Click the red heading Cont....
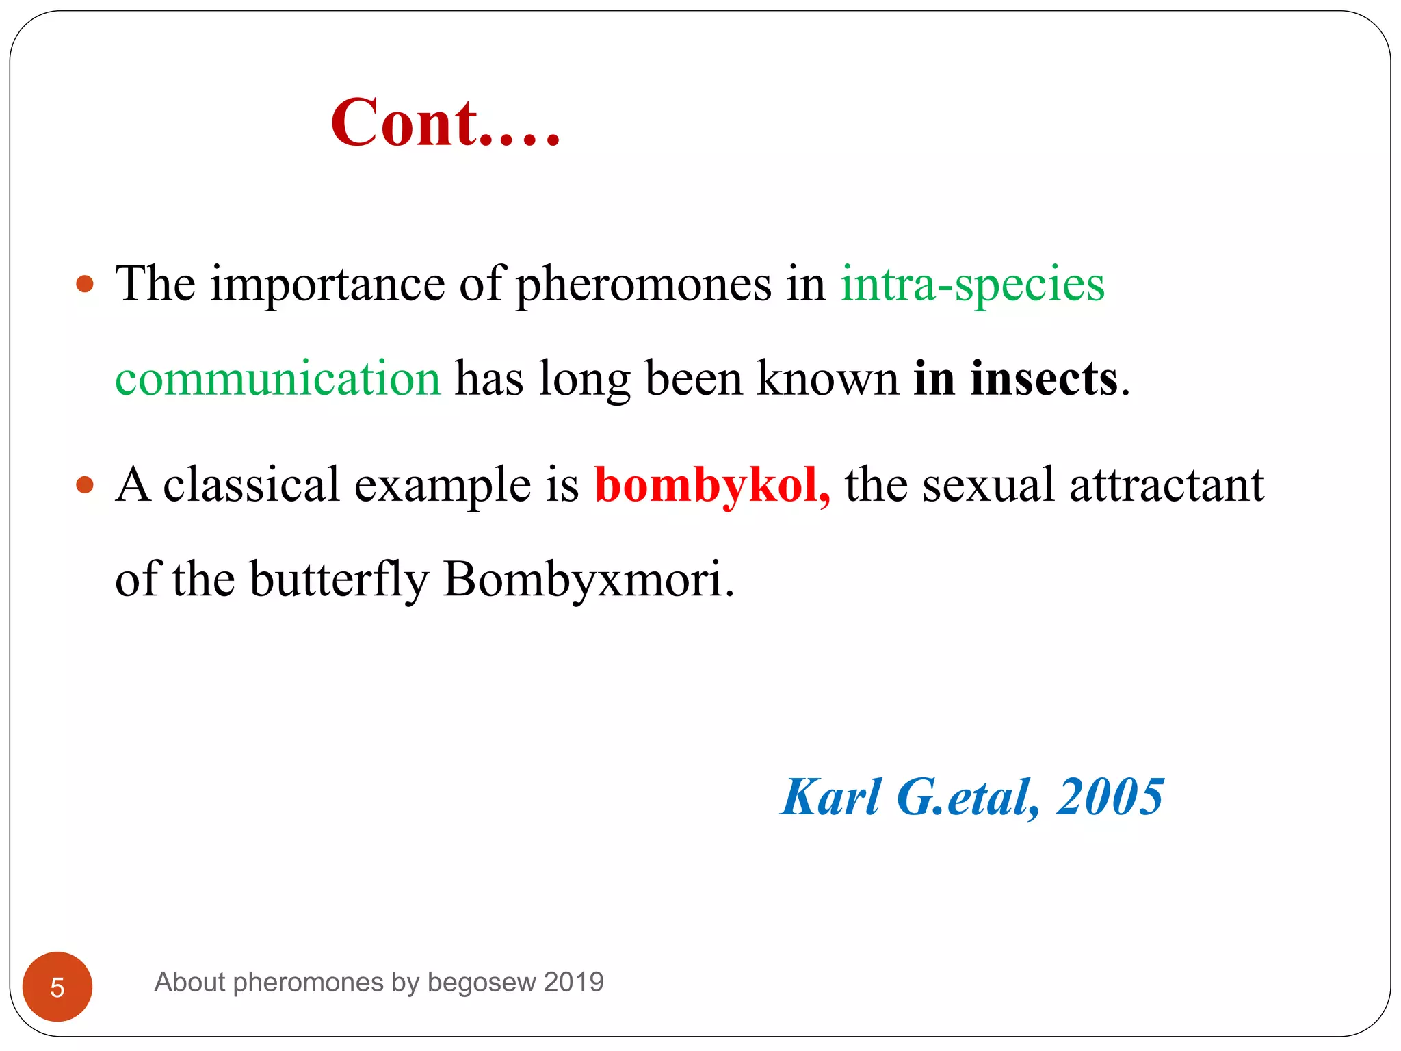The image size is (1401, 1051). (445, 123)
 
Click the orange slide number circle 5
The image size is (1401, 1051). (57, 987)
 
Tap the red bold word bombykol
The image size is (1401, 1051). (712, 485)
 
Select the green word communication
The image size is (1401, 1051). (278, 378)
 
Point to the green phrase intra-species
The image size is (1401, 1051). (972, 284)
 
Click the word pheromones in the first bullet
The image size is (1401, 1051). (643, 284)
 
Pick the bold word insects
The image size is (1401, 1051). (1044, 378)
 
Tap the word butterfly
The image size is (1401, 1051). (339, 580)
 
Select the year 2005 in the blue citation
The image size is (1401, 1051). (1110, 798)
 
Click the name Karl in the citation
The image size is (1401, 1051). (831, 798)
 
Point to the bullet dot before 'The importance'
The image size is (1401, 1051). (85, 284)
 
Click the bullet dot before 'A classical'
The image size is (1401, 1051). (85, 485)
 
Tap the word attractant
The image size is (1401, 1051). (1166, 485)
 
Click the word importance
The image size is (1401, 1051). (328, 284)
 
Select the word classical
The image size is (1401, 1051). (251, 485)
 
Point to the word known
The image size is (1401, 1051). (828, 378)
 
